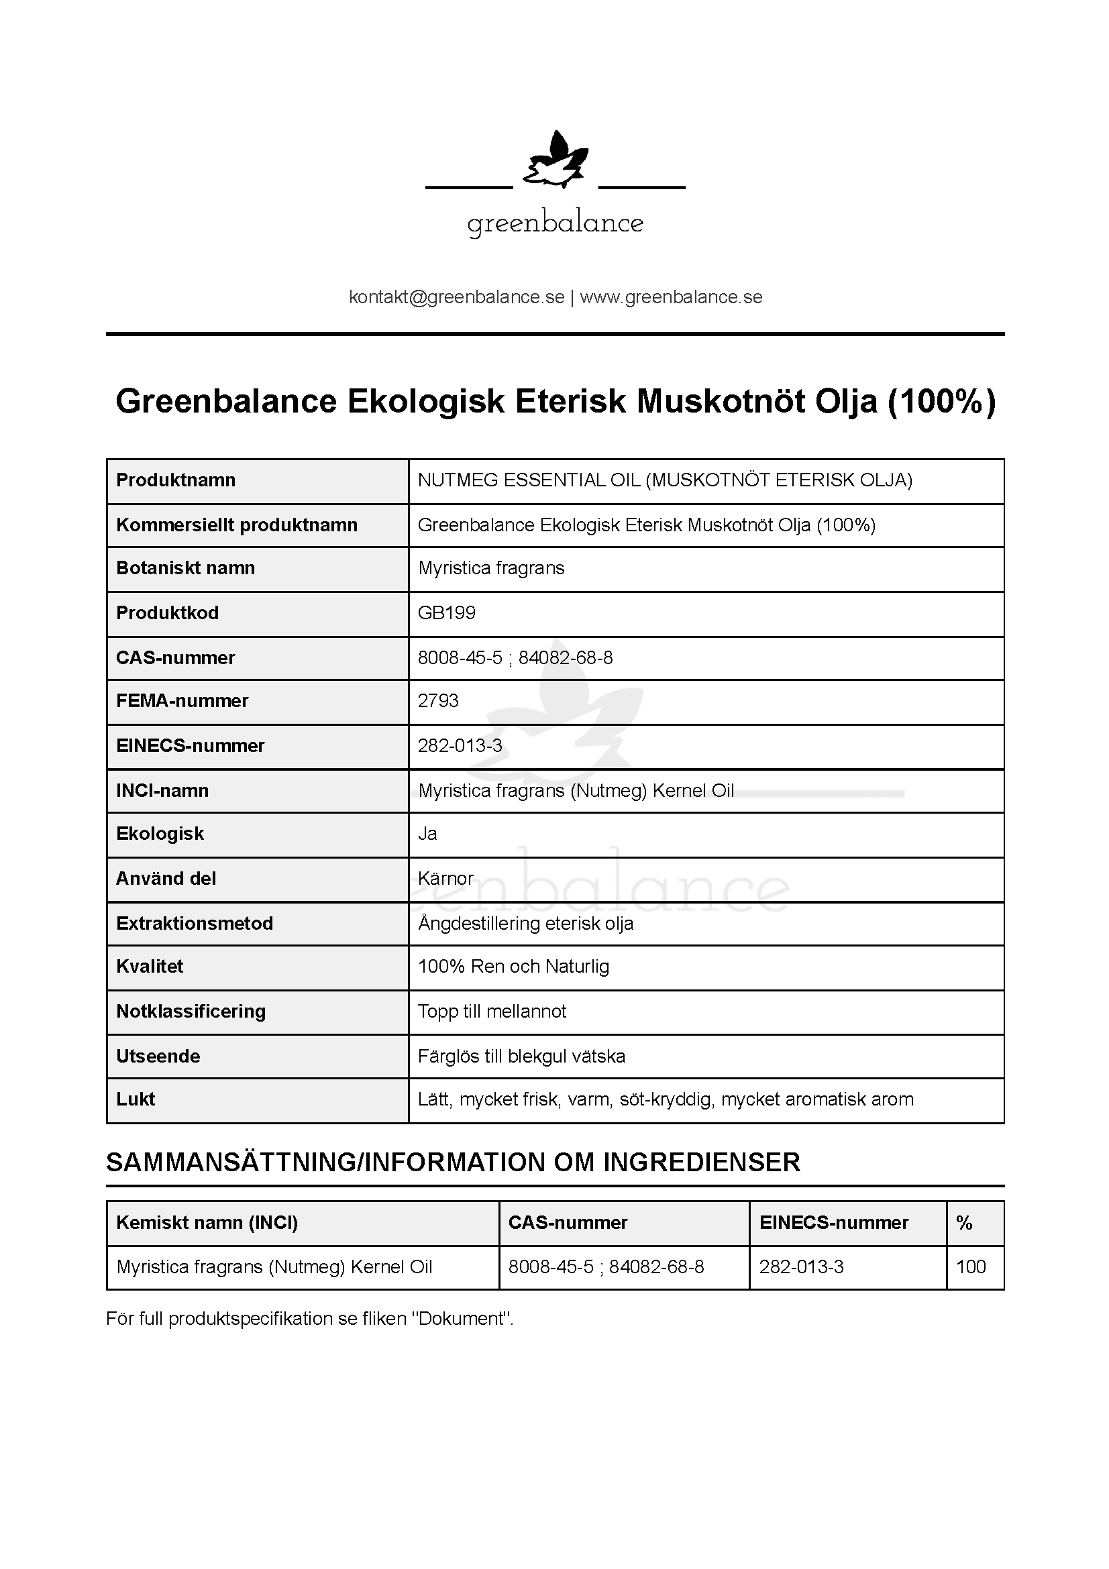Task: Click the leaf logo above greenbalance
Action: [x=555, y=161]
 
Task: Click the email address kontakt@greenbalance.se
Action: [x=456, y=297]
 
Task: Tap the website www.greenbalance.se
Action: [x=671, y=297]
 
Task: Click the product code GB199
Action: [x=446, y=612]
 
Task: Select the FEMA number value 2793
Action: [x=438, y=700]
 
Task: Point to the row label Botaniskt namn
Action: [x=185, y=568]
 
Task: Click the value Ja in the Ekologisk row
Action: [x=427, y=834]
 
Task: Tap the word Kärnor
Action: [x=445, y=878]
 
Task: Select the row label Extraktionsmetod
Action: [x=194, y=923]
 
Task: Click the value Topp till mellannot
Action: [x=492, y=1012]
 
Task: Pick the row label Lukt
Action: [x=136, y=1099]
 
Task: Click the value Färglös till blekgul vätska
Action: [x=521, y=1057]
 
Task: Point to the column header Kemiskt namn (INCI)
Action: [x=207, y=1223]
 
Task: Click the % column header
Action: [x=964, y=1223]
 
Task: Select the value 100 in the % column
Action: [x=970, y=1267]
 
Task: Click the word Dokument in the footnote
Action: [x=461, y=1319]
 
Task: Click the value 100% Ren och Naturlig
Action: [x=513, y=966]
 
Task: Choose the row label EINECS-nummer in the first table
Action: [x=190, y=745]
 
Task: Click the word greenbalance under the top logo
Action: [x=555, y=223]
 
